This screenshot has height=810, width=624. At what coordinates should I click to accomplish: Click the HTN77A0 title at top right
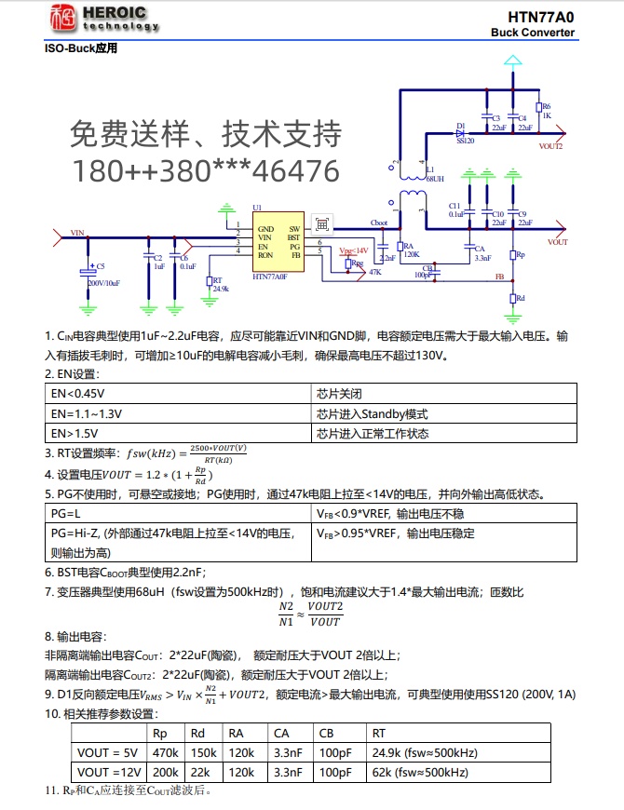[540, 17]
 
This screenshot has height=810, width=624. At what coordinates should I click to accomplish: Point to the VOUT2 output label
[551, 146]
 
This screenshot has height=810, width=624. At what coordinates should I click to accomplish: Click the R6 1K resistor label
[547, 112]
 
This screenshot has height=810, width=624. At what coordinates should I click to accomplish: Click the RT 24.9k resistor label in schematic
[220, 285]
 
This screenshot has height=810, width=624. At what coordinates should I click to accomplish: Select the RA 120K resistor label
[412, 249]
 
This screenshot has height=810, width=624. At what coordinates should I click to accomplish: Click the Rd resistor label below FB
[520, 299]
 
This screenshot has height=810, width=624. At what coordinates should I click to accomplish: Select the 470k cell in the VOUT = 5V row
[165, 753]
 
